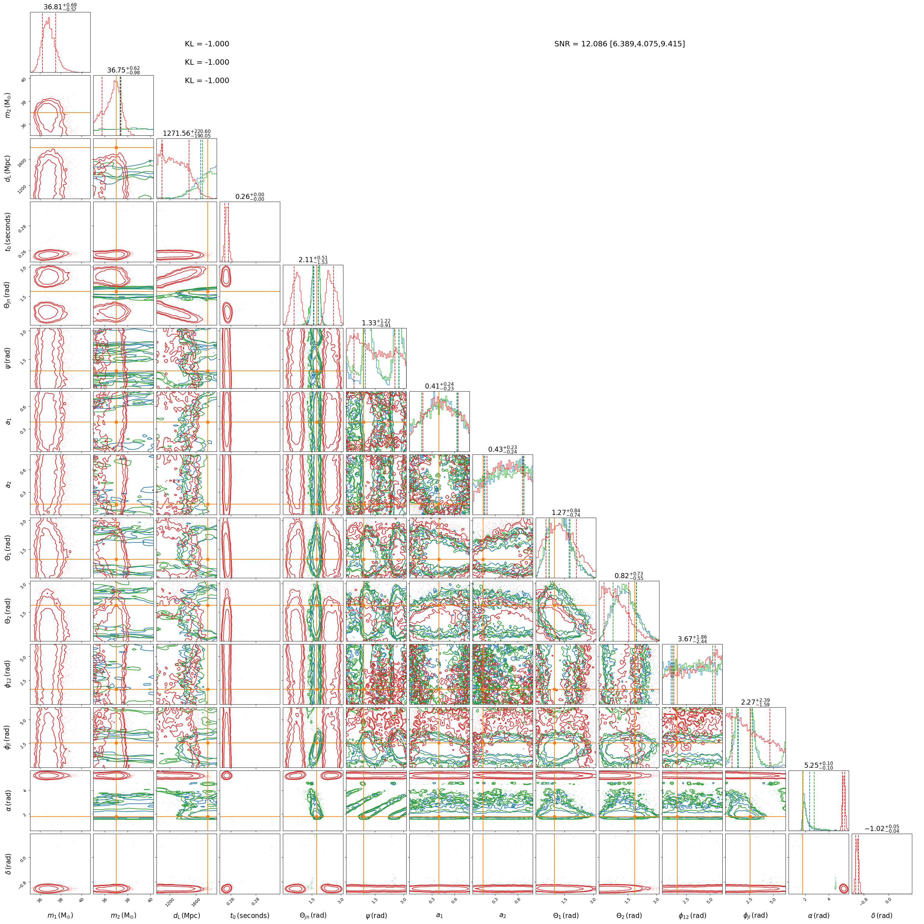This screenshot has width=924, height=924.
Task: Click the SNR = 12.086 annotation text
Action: (619, 44)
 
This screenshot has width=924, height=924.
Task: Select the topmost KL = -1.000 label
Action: (207, 44)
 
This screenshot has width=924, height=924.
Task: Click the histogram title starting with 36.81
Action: (60, 7)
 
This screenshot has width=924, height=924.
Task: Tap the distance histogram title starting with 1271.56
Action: (187, 133)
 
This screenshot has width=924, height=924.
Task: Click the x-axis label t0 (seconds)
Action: (250, 915)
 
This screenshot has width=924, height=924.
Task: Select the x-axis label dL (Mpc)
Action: (187, 915)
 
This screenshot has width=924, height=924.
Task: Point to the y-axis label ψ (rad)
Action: (7, 358)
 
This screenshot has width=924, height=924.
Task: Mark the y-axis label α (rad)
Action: (7, 801)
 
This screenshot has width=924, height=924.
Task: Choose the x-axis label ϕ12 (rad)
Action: (692, 915)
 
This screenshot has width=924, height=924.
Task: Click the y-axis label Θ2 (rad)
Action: (7, 611)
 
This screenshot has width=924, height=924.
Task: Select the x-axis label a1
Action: (439, 915)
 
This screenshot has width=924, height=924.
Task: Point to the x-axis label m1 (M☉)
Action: (60, 915)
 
